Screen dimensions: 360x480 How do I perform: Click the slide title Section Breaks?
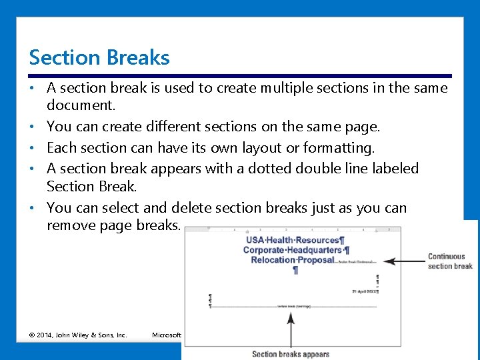[99, 58]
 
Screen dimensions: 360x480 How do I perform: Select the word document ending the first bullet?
[80, 105]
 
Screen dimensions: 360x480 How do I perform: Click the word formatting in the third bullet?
[339, 147]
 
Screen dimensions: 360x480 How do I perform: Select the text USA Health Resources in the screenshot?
[295, 240]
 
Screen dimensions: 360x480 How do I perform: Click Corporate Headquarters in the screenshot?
[295, 250]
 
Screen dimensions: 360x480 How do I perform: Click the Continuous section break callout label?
[450, 261]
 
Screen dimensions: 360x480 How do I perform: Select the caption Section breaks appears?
[291, 354]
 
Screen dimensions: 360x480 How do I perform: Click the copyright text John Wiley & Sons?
[78, 335]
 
